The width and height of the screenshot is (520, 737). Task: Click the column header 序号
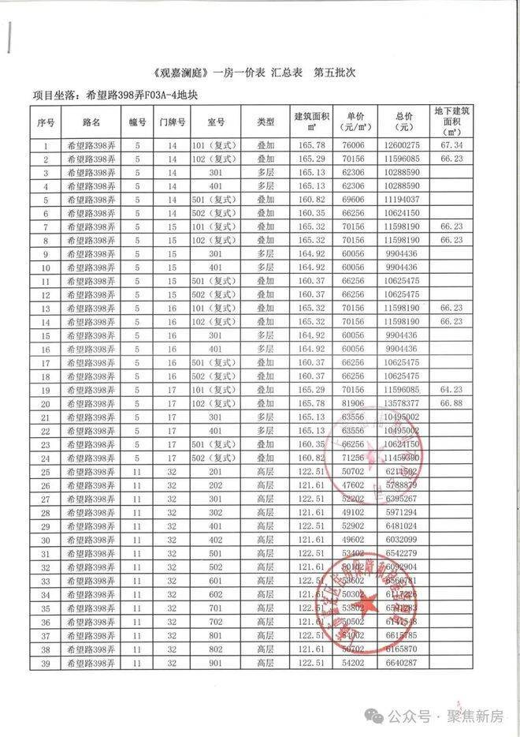point(45,122)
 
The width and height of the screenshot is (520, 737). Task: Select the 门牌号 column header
point(172,122)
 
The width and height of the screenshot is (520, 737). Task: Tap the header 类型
point(266,122)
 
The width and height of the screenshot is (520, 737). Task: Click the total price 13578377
point(403,403)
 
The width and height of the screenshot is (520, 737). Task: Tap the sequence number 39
point(45,663)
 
